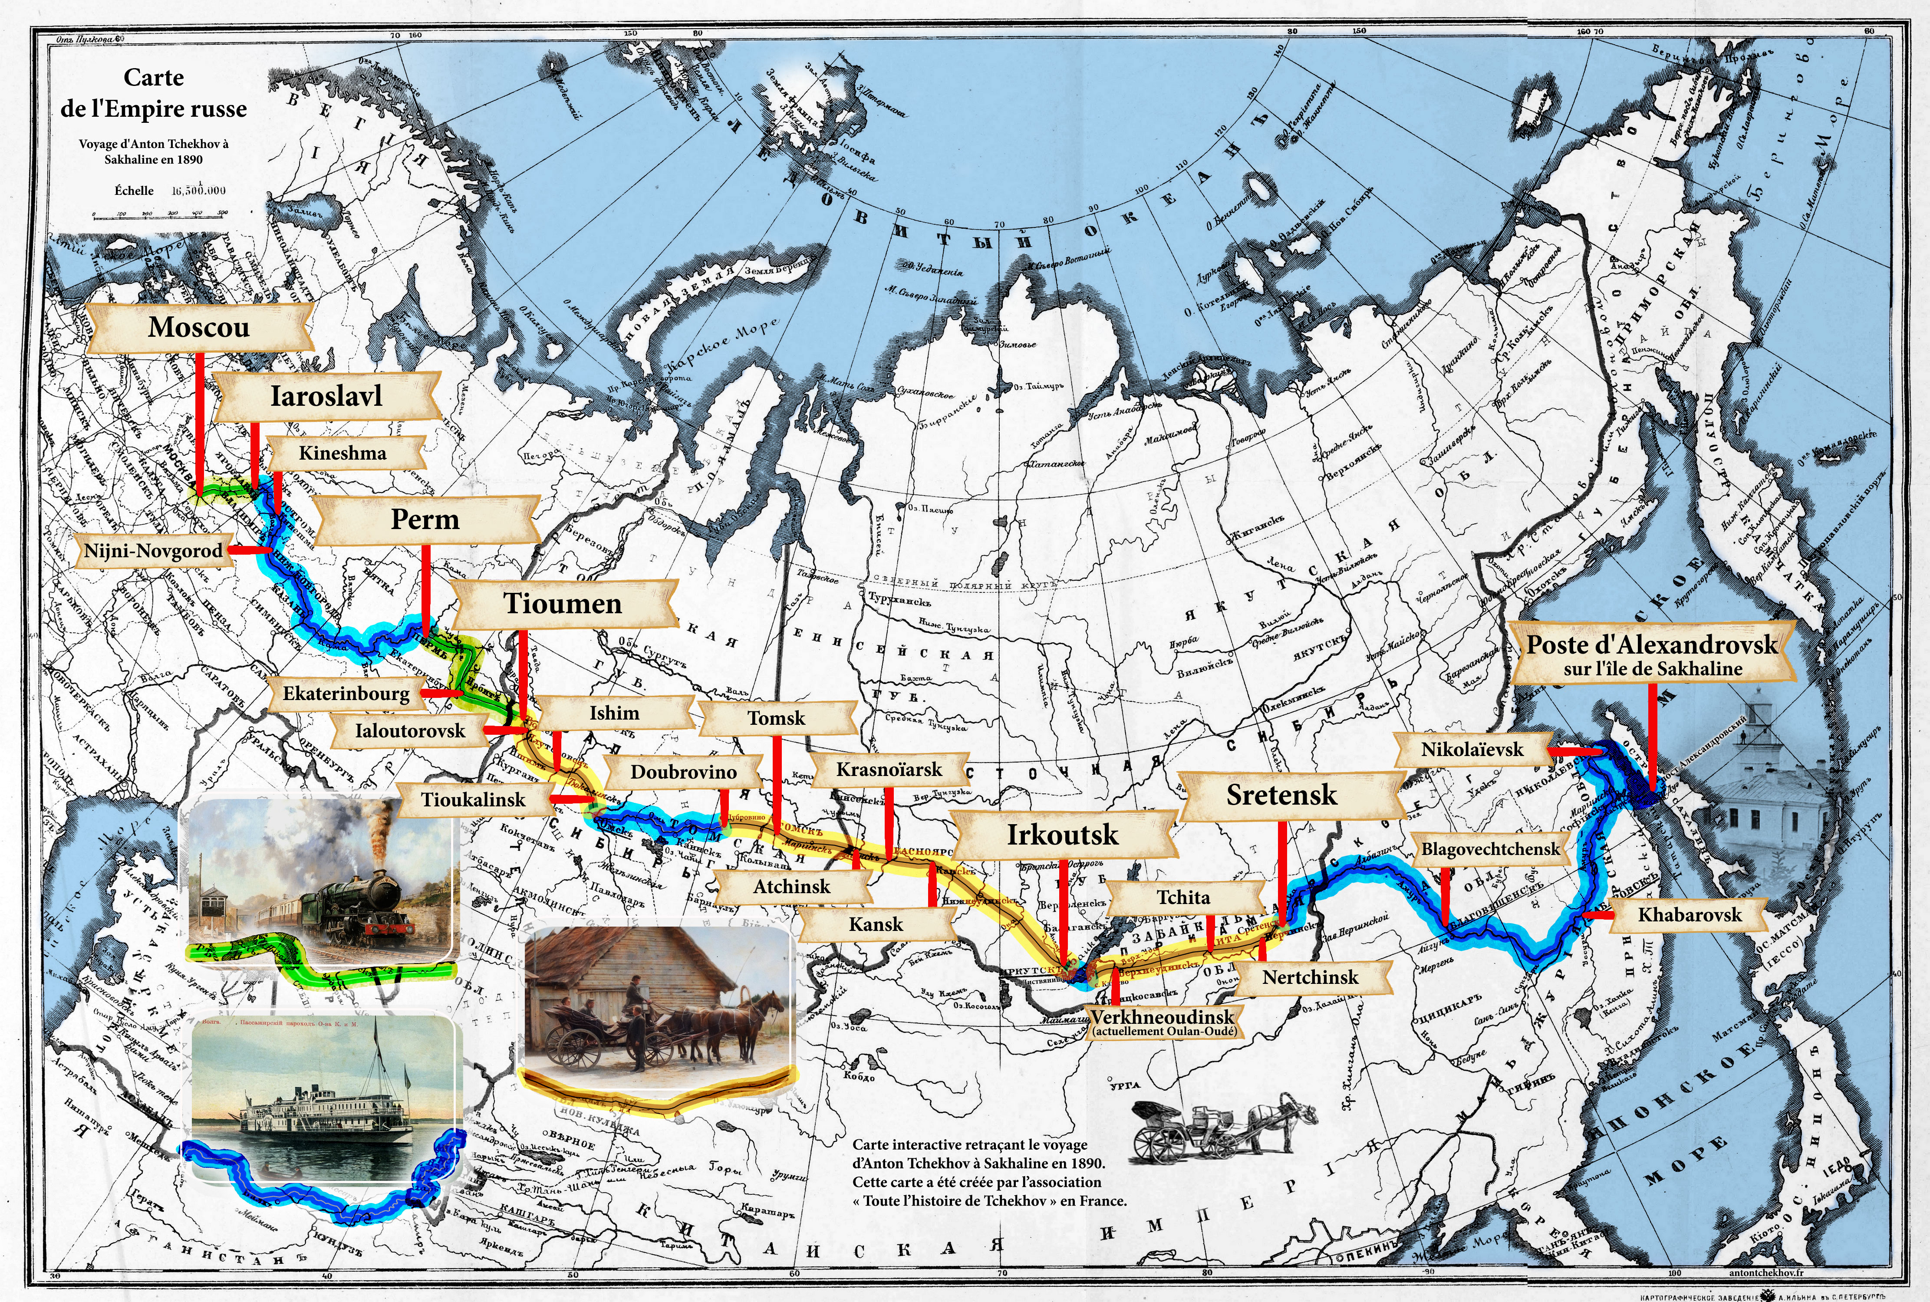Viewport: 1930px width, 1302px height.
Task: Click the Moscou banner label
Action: [x=198, y=327]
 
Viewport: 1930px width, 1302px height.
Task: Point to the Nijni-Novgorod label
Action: [x=154, y=550]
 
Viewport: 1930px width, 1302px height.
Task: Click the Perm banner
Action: [x=425, y=520]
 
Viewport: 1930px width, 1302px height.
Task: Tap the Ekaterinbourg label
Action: [x=346, y=694]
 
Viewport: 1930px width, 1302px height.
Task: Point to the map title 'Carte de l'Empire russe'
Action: [x=154, y=93]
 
